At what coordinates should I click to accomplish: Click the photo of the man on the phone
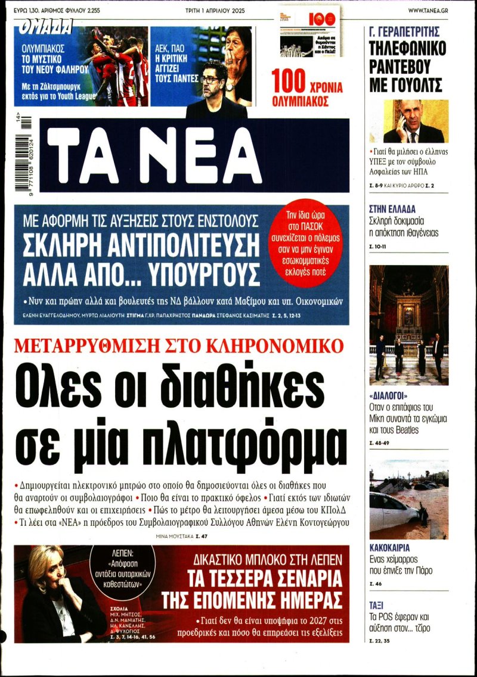[407, 121]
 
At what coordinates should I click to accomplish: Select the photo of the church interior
[408, 325]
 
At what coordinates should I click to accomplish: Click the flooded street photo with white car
[408, 499]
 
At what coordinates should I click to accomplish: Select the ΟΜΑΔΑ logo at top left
[47, 26]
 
